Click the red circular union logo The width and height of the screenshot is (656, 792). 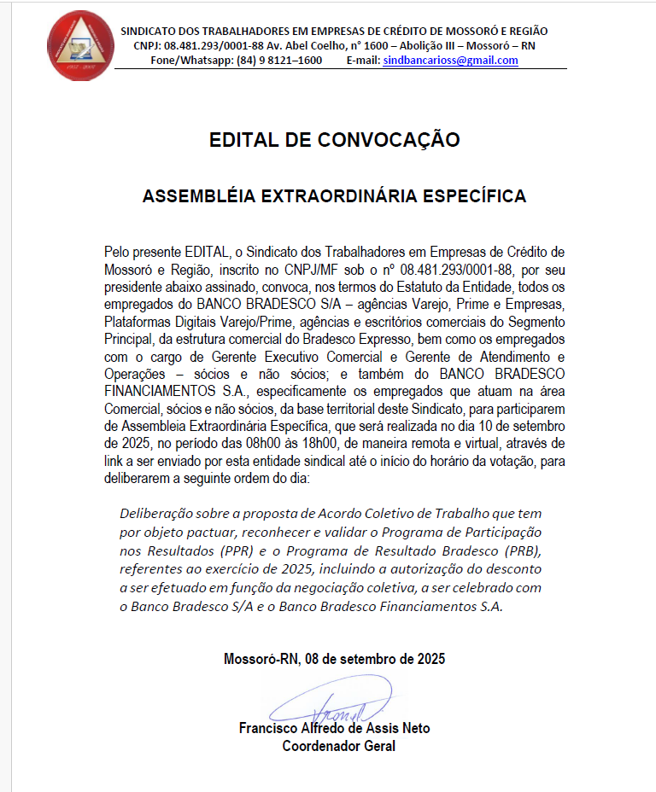coord(80,44)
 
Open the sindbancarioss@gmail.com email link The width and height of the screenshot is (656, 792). coord(450,61)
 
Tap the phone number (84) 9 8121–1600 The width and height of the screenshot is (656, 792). coord(279,61)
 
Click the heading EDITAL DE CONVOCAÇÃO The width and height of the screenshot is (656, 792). coord(334,140)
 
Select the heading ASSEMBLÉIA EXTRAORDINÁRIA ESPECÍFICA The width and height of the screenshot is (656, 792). coord(334,196)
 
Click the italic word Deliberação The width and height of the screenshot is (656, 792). coord(155,514)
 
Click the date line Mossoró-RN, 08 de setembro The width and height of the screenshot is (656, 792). coord(334,659)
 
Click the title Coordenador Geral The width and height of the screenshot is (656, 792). coord(339,746)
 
